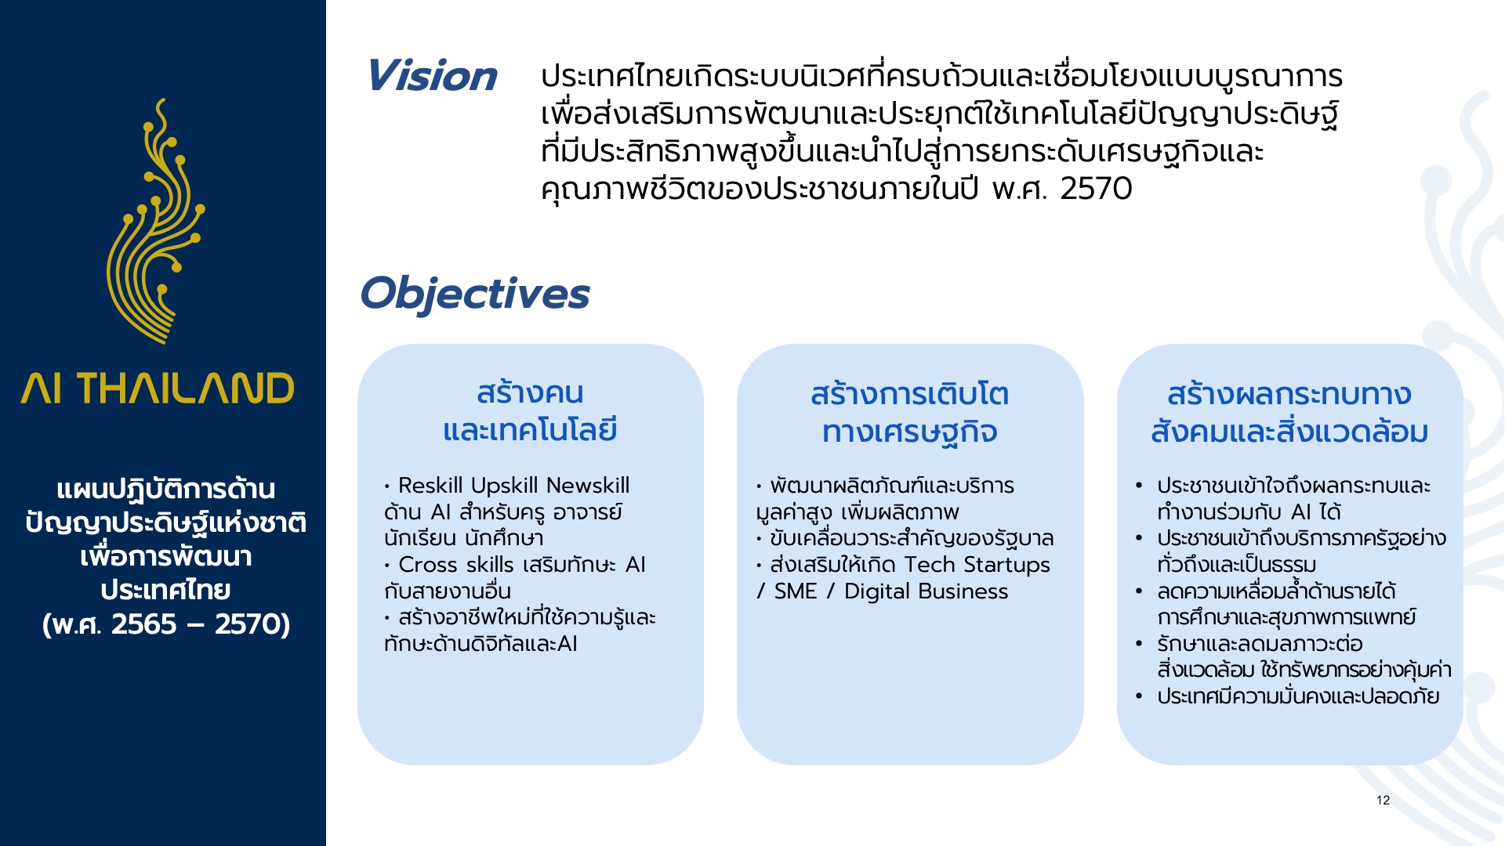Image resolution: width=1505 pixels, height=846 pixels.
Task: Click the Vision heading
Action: point(431,76)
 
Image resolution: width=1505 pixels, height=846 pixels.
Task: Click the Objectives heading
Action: point(474,294)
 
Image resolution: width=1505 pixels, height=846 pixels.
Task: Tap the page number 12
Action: point(1383,800)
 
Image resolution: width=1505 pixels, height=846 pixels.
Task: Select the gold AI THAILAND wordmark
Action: point(158,389)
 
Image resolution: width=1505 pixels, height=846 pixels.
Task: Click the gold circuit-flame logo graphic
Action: point(156,221)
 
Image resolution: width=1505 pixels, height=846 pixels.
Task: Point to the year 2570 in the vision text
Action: point(1096,189)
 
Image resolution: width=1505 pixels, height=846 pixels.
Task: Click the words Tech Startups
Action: point(977,566)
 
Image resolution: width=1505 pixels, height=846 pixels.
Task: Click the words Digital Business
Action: point(926,591)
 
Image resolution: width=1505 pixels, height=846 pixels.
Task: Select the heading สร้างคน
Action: point(530,392)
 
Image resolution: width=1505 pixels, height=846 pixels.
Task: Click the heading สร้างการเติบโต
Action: point(909,393)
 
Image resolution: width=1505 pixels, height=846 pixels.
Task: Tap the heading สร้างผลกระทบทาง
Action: point(1289,393)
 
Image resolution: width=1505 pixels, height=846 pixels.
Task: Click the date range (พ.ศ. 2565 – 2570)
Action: point(166,624)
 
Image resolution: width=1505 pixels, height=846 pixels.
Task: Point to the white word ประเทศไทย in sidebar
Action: point(166,590)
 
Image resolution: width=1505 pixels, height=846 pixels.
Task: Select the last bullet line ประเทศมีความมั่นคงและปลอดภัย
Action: point(1298,696)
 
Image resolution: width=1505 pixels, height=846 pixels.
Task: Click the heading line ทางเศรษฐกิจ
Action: point(909,432)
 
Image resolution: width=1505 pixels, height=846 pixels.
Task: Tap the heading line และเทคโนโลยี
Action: point(530,430)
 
